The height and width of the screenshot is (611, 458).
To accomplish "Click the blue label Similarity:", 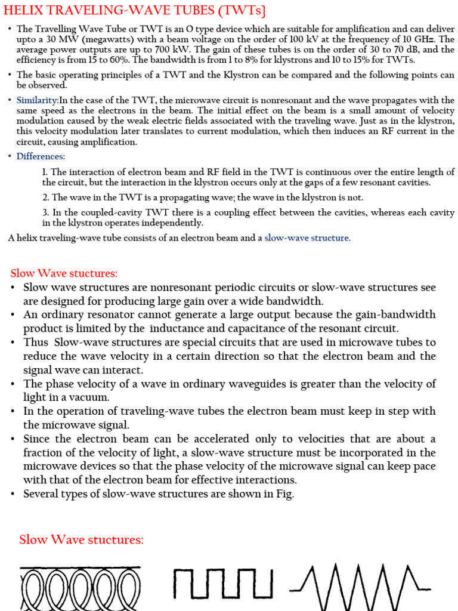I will (37, 100).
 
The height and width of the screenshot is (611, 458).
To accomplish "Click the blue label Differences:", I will (41, 156).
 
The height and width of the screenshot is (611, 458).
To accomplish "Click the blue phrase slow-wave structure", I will (307, 238).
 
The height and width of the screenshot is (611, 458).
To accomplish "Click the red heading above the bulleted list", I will (64, 273).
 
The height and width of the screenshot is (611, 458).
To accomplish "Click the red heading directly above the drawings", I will (82, 540).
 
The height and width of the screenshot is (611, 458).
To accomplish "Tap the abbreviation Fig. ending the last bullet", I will (284, 493).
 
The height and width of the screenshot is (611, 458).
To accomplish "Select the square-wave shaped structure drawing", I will (223, 584).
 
